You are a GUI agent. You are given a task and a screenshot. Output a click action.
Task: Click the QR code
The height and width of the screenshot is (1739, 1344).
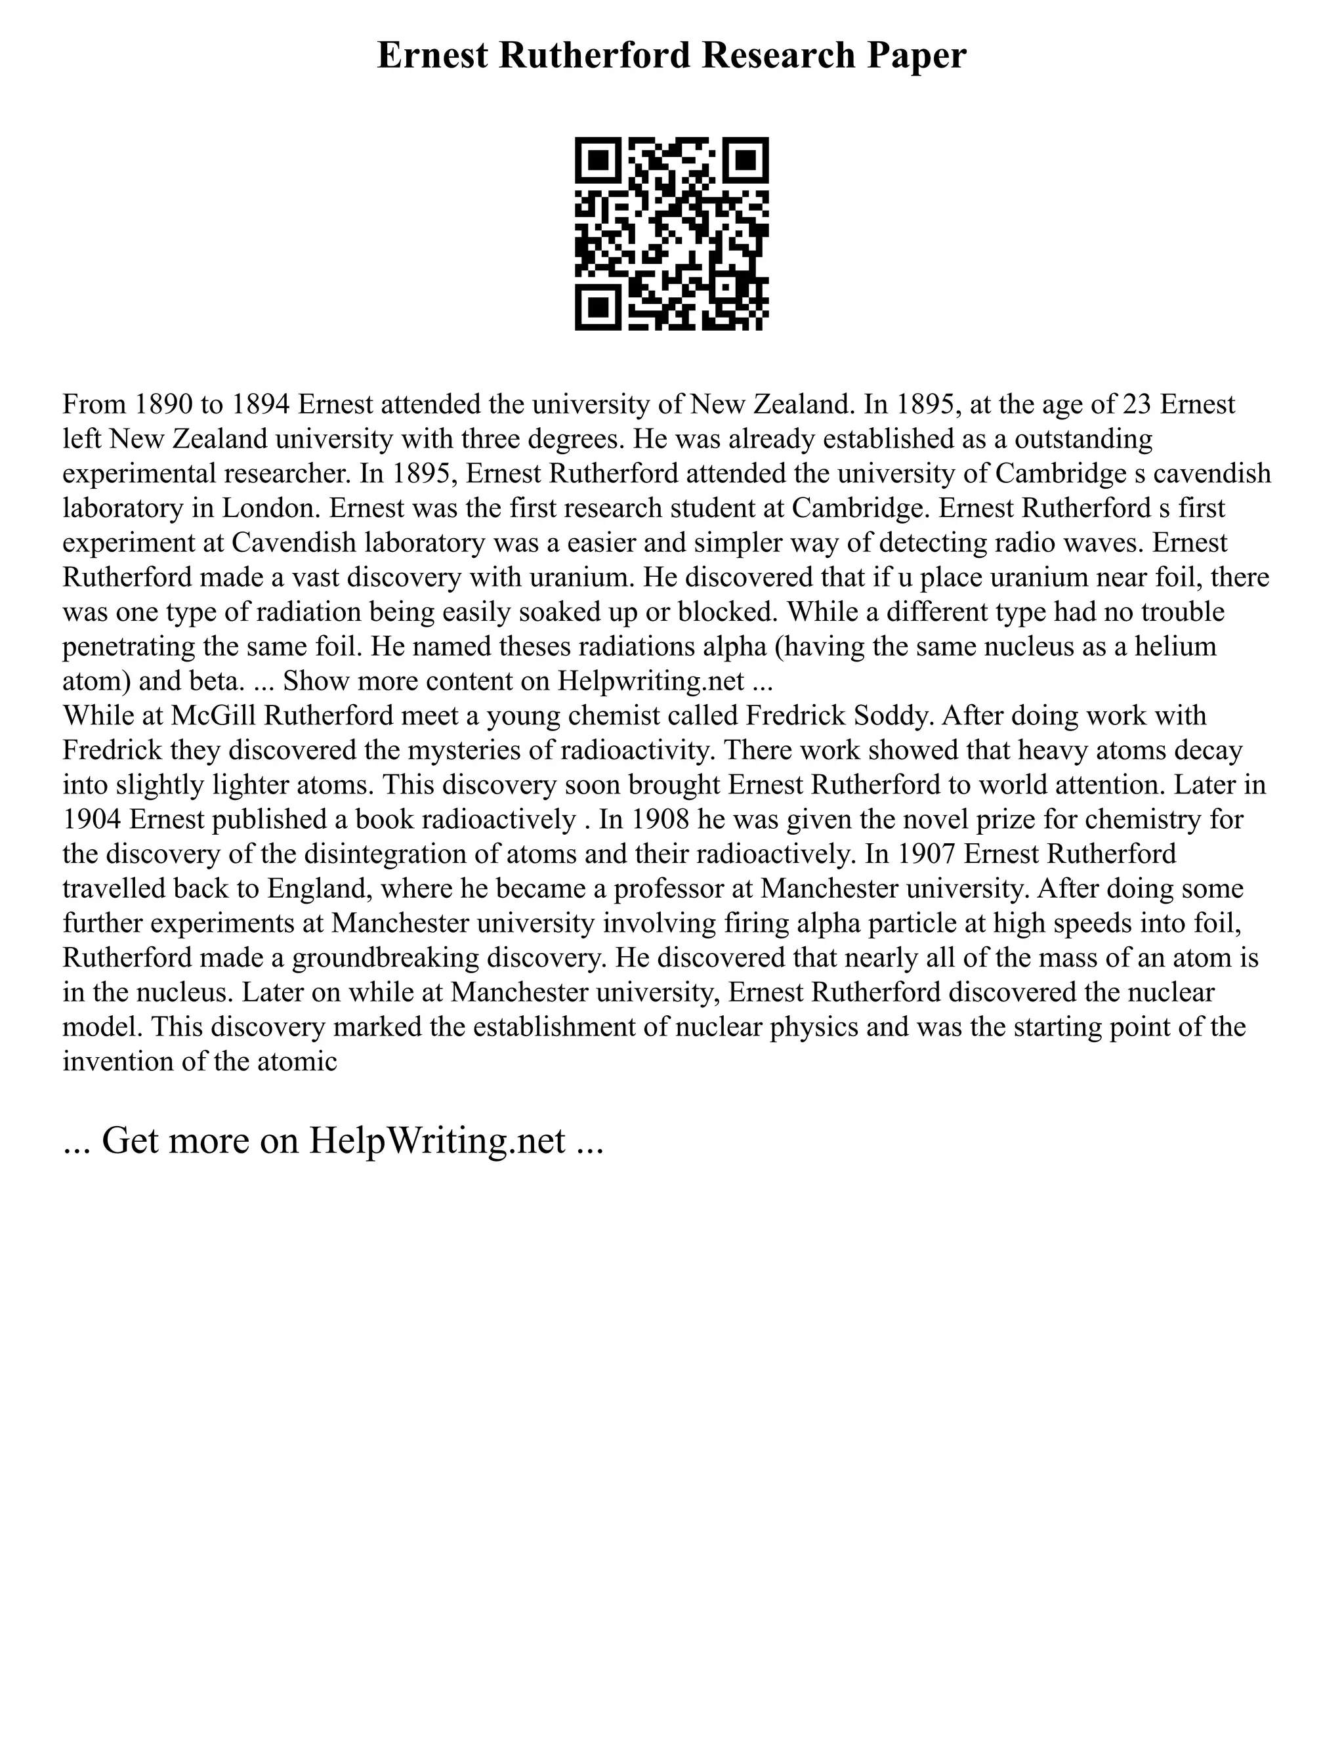click(671, 234)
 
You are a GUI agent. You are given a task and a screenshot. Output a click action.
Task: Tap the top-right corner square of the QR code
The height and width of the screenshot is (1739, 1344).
click(745, 161)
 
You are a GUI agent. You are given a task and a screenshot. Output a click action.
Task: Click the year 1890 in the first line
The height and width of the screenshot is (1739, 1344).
click(159, 404)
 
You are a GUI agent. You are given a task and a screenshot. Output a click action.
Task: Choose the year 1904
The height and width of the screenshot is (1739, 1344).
click(93, 820)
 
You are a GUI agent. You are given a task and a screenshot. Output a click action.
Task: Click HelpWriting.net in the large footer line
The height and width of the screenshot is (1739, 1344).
click(437, 1141)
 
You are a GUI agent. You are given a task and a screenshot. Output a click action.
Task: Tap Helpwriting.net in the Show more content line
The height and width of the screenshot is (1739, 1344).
click(651, 681)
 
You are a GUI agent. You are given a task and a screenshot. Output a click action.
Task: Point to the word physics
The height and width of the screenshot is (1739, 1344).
click(813, 1026)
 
